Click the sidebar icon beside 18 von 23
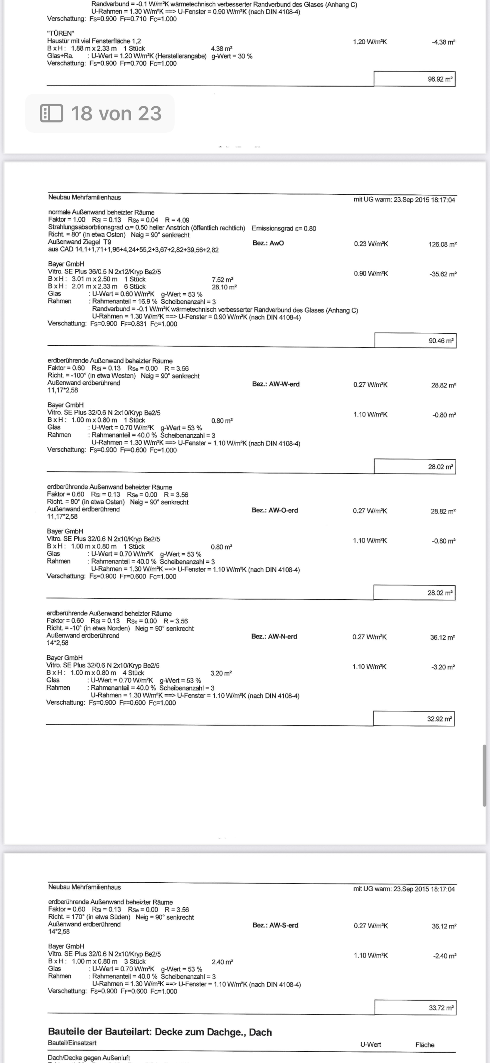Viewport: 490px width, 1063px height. (52, 113)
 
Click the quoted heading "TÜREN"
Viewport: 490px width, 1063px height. (60, 33)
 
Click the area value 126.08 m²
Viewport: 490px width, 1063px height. (442, 244)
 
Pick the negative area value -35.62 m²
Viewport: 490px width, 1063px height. (443, 274)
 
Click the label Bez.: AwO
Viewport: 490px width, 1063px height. (268, 243)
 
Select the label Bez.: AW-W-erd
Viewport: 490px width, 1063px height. (276, 384)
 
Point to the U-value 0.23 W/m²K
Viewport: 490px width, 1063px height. (371, 244)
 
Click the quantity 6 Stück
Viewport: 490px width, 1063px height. (134, 286)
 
